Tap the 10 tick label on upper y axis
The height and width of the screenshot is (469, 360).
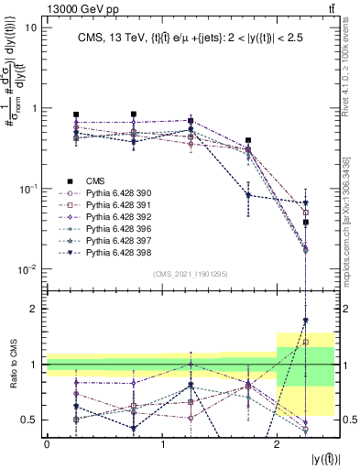30,27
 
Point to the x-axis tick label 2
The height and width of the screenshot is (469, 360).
278,443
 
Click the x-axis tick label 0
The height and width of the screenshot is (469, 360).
47,443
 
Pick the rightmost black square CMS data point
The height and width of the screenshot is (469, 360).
306,223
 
